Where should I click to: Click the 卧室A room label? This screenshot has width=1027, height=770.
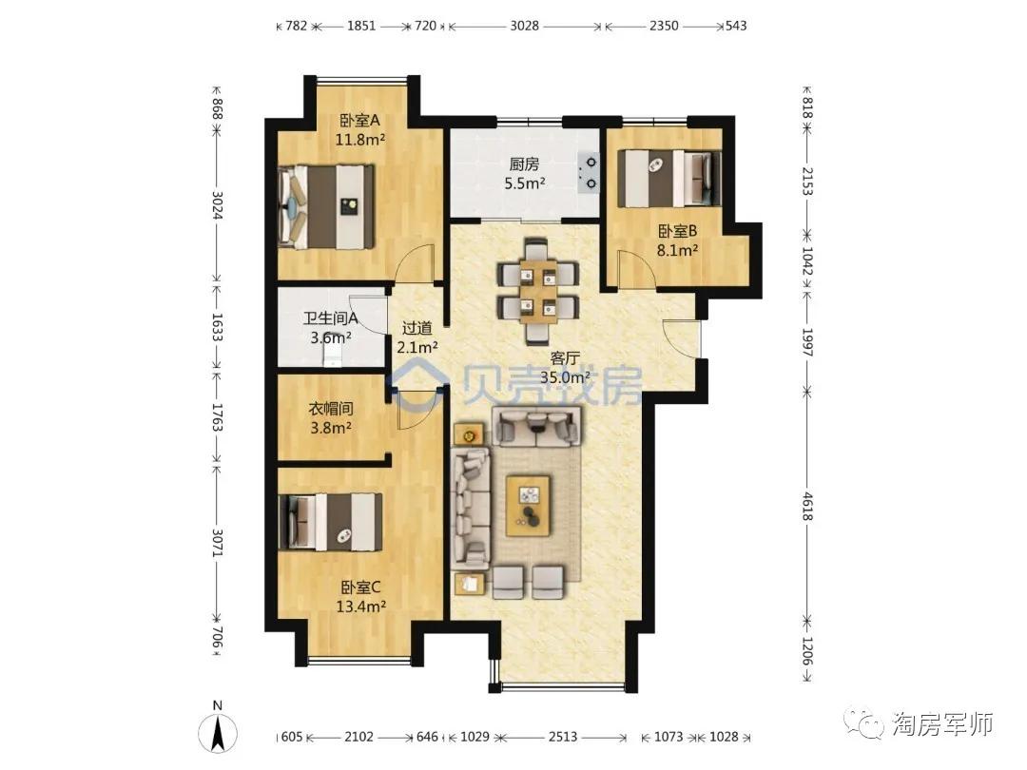tap(359, 121)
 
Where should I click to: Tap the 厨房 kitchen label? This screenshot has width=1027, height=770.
tap(524, 164)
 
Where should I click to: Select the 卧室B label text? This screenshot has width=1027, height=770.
tap(677, 231)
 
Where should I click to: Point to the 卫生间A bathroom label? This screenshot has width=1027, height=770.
tap(330, 318)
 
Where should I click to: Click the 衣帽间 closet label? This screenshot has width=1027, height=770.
tap(331, 409)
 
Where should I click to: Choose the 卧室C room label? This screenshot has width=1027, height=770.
tap(360, 587)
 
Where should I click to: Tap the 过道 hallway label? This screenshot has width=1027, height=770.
tap(417, 328)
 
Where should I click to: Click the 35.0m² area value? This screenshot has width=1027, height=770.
tap(565, 377)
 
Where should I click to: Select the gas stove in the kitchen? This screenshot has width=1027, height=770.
tap(589, 172)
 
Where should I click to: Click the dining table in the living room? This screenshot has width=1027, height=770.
tap(537, 290)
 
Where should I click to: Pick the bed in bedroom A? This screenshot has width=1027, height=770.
tap(326, 207)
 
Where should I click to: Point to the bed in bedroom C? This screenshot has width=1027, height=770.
tap(330, 522)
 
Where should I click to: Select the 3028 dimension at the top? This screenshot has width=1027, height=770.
tap(525, 27)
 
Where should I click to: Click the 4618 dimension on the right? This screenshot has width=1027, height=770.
tap(807, 506)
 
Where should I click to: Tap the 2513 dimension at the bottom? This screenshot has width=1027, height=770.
tap(563, 738)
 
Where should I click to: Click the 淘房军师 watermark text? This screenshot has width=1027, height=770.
tap(943, 724)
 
